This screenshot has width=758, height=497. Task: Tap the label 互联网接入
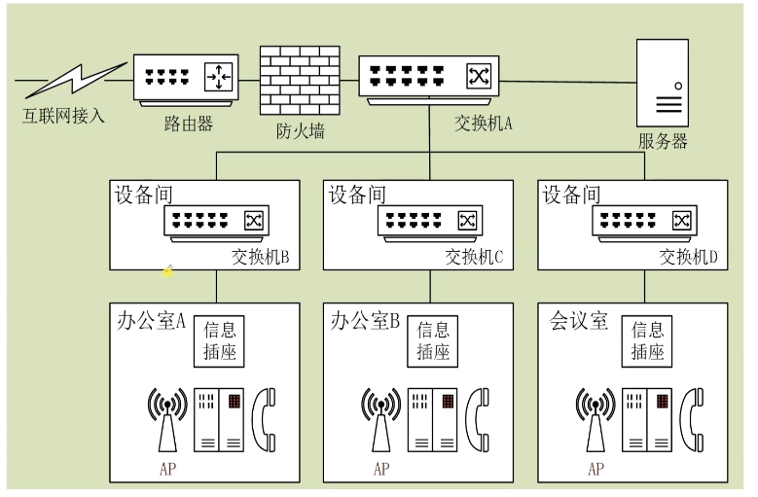[63, 117]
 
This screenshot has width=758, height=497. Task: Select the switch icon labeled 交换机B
[215, 223]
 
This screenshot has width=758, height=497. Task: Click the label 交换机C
[475, 258]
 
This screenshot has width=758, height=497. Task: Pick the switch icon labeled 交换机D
[644, 223]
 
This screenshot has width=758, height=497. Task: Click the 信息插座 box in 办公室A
[219, 341]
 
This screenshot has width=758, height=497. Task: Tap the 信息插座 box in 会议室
[647, 341]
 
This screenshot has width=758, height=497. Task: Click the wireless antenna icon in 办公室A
[166, 417]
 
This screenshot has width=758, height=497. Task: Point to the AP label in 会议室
[596, 469]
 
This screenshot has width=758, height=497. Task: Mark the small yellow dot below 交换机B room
[167, 272]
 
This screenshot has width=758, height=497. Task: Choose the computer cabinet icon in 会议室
[647, 420]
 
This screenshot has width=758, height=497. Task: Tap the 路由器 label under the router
[188, 124]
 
